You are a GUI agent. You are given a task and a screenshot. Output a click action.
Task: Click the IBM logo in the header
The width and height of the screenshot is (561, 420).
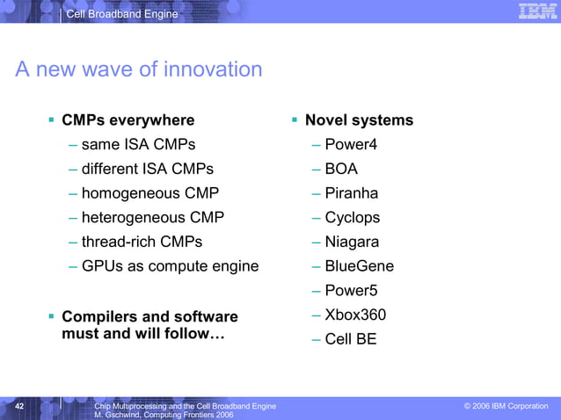point(535,11)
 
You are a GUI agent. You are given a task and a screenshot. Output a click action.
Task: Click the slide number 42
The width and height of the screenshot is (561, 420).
point(20,406)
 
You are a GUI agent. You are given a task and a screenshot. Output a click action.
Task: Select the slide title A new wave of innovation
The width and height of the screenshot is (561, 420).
point(139,69)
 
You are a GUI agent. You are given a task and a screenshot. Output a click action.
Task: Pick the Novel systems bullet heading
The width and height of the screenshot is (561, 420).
point(358,120)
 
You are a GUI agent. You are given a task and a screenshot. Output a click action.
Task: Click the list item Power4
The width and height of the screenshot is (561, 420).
point(350,144)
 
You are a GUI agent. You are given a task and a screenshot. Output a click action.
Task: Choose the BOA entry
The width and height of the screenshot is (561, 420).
point(341,169)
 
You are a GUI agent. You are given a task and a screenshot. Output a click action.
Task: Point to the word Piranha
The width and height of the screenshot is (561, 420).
point(351,193)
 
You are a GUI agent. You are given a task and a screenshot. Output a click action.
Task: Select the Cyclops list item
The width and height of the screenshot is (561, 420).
point(352,217)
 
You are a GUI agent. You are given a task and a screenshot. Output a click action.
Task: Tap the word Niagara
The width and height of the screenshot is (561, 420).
point(352,242)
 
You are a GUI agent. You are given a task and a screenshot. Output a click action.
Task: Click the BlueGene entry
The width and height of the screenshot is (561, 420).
point(359,266)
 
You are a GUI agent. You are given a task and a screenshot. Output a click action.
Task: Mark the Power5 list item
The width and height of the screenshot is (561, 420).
point(350,291)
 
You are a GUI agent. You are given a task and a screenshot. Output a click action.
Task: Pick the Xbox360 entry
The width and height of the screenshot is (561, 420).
point(355,315)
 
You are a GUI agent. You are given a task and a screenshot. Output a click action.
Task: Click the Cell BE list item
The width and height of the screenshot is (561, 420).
point(350,339)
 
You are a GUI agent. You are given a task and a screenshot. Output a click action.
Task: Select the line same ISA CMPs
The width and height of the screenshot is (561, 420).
point(138,144)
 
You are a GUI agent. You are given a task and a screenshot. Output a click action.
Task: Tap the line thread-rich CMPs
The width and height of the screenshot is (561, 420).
point(142,242)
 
